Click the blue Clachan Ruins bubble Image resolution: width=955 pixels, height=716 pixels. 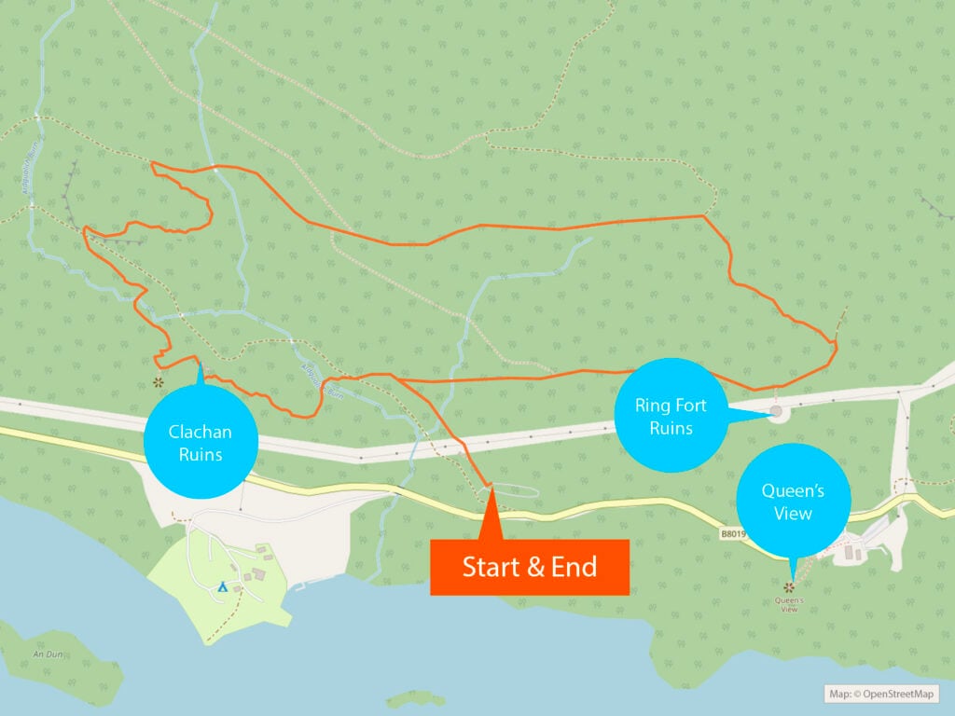[200, 444]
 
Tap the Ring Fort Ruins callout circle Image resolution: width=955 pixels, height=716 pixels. [671, 417]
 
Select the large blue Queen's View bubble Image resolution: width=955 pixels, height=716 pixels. [793, 501]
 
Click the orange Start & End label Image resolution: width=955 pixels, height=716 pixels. [530, 567]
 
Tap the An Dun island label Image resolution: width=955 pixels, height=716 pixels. [48, 654]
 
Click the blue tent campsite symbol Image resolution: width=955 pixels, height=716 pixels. [223, 586]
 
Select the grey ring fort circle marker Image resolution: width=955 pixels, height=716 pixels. [776, 411]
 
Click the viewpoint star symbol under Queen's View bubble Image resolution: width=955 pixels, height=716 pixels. [789, 587]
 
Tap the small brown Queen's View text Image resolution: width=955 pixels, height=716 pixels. [789, 604]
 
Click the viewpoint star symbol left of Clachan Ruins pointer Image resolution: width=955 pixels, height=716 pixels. [159, 382]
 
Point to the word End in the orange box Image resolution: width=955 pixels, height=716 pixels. [569, 567]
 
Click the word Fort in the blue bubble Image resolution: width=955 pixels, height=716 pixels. [690, 406]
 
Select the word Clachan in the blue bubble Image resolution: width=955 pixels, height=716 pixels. [200, 433]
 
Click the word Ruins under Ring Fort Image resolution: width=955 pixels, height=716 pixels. [671, 429]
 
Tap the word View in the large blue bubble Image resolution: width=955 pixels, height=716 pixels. [793, 513]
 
